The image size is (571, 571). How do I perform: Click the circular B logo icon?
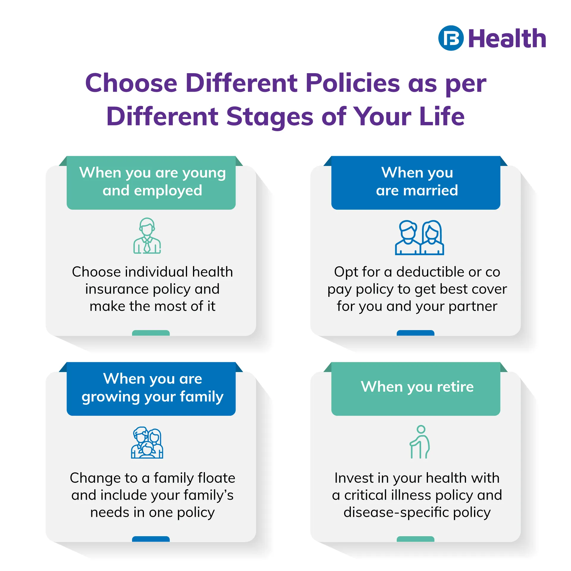coord(451,38)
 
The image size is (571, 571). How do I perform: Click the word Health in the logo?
coord(507,38)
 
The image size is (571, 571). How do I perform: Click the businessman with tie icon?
coord(147,236)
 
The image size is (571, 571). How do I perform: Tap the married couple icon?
coord(419,238)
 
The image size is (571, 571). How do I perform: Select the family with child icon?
coord(147,443)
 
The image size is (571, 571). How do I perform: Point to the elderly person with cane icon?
coord(420,442)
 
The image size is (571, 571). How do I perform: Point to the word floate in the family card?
coord(217,478)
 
